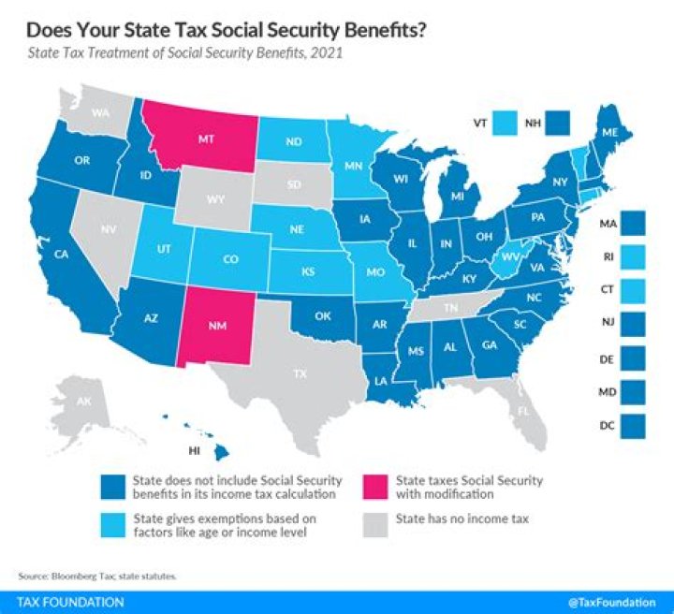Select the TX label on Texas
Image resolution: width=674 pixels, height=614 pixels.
click(x=300, y=373)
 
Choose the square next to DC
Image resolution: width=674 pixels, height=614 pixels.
click(x=638, y=427)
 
